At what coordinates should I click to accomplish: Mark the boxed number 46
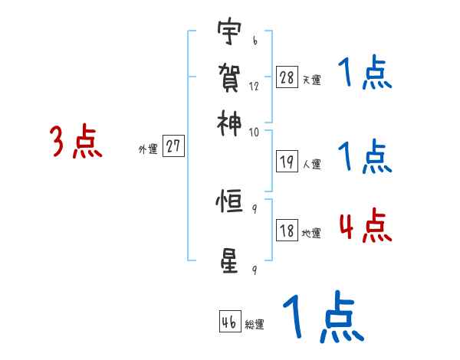point(229,322)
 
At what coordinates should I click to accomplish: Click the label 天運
point(312,80)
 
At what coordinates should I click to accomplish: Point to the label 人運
point(312,164)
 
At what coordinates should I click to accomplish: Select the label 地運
point(312,234)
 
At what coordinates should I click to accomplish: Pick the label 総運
point(254,325)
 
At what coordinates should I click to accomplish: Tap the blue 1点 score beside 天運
point(364,74)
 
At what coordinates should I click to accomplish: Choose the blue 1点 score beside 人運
point(364,157)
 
